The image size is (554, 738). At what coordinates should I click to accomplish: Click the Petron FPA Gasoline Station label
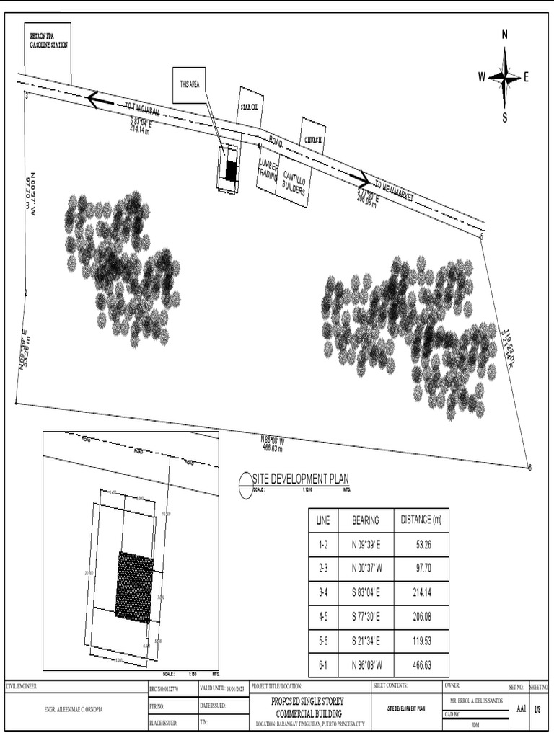point(48,40)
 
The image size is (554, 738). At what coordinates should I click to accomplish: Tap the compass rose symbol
point(504,76)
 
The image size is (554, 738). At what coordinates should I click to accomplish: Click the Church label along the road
point(313,139)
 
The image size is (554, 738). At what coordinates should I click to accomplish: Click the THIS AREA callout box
point(190,84)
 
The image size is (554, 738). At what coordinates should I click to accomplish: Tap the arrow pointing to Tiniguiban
point(100,99)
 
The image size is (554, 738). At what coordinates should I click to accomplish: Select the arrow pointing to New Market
point(361,179)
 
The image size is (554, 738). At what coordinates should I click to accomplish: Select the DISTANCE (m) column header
point(421,520)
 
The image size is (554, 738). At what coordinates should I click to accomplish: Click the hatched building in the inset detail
point(134,587)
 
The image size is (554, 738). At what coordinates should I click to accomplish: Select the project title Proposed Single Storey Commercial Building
point(308,706)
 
